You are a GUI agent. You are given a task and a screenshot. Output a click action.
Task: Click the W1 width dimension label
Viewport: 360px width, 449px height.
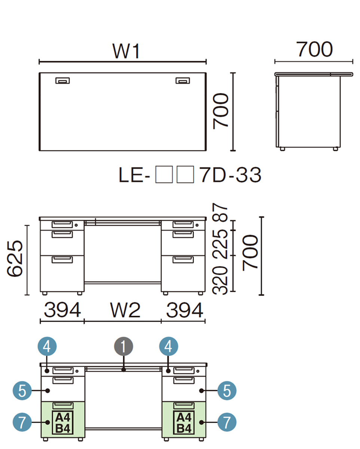126,51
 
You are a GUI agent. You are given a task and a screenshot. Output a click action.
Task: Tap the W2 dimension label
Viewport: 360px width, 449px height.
125,311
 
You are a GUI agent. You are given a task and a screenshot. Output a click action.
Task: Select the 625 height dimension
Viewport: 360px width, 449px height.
15,259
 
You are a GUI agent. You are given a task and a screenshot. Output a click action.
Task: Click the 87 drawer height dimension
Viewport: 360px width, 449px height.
220,212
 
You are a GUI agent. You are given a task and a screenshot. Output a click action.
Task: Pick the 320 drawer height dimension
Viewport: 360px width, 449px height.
220,280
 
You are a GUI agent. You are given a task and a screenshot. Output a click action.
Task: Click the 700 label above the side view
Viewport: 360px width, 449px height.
314,49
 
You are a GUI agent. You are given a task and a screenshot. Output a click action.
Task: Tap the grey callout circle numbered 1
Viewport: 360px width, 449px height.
123,346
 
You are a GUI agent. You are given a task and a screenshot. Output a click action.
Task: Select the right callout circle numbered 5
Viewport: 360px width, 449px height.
227,390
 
